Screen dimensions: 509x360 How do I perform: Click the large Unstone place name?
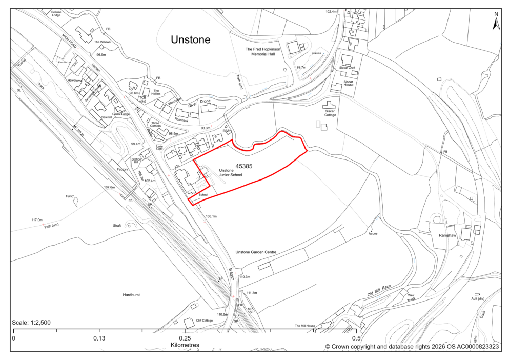click(190, 39)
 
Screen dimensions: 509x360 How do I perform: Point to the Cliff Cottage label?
click(204, 321)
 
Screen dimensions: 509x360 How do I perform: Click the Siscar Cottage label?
click(329, 111)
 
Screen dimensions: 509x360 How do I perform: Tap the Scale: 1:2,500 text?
click(31, 323)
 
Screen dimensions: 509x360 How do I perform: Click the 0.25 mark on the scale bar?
click(185, 338)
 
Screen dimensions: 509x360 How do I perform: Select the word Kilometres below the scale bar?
click(184, 345)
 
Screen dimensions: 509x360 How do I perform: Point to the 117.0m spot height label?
click(38, 220)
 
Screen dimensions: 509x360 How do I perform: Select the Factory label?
click(122, 169)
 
